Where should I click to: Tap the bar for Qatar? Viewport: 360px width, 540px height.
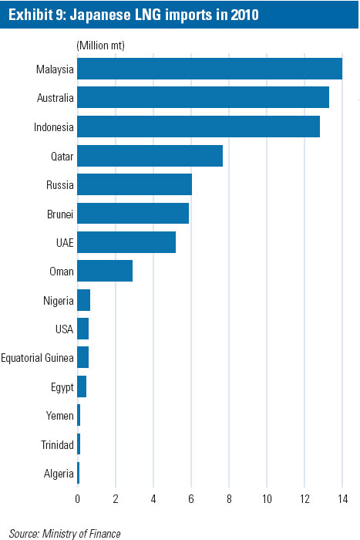pyautogui.click(x=150, y=155)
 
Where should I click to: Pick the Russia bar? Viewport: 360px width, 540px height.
pyautogui.click(x=134, y=184)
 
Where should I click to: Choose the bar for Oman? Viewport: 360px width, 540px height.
pyautogui.click(x=105, y=271)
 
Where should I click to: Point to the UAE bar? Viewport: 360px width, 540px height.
pyautogui.click(x=126, y=242)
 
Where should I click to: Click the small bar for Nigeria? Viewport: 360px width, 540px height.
pyautogui.click(x=84, y=300)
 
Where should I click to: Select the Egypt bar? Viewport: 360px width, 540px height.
pyautogui.click(x=82, y=386)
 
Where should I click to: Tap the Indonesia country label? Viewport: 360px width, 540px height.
pyautogui.click(x=55, y=127)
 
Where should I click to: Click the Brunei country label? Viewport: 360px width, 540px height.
pyautogui.click(x=60, y=214)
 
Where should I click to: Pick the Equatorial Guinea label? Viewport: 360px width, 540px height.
pyautogui.click(x=37, y=358)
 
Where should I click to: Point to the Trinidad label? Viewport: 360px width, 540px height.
pyautogui.click(x=57, y=445)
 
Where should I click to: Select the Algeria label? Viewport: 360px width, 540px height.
pyautogui.click(x=59, y=474)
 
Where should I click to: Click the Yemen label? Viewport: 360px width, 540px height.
pyautogui.click(x=60, y=416)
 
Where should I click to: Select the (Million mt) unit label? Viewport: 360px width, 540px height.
pyautogui.click(x=101, y=46)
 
